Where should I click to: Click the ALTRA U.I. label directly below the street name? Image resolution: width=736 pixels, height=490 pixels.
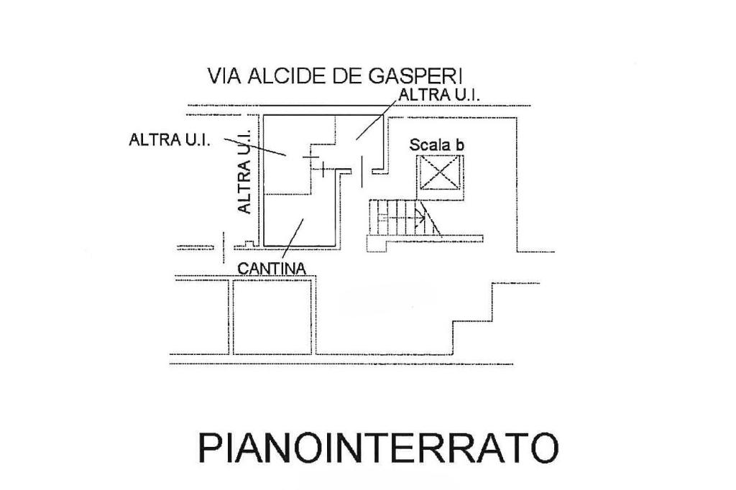[439, 94]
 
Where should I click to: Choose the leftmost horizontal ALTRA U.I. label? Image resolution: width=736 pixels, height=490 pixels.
[169, 139]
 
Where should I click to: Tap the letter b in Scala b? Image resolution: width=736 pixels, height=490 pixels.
[460, 144]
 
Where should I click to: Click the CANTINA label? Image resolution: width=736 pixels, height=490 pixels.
[272, 268]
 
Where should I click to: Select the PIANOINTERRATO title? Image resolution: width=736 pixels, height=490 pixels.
[377, 447]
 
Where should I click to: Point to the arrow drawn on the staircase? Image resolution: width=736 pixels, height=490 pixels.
[400, 216]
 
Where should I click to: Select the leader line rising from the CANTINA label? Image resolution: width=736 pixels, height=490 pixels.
[293, 239]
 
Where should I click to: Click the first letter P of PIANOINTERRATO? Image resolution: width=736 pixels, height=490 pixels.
[209, 447]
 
